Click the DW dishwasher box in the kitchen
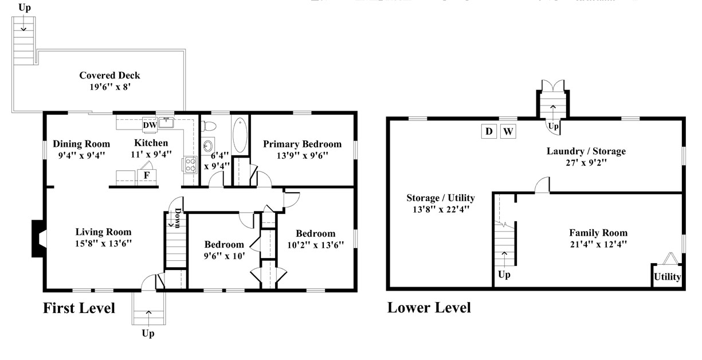click(x=150, y=125)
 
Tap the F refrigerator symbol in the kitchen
click(x=147, y=175)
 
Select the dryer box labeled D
click(x=489, y=131)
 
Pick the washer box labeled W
click(x=508, y=131)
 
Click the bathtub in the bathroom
click(x=241, y=135)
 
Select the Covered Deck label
click(x=109, y=76)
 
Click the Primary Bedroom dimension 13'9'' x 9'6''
click(x=302, y=155)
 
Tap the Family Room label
click(x=598, y=233)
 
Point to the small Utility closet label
click(x=668, y=277)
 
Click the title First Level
click(x=79, y=308)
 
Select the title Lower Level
click(x=429, y=308)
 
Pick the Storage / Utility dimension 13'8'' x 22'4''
click(x=441, y=209)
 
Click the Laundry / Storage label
click(x=586, y=151)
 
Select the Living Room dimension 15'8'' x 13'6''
click(x=104, y=243)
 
